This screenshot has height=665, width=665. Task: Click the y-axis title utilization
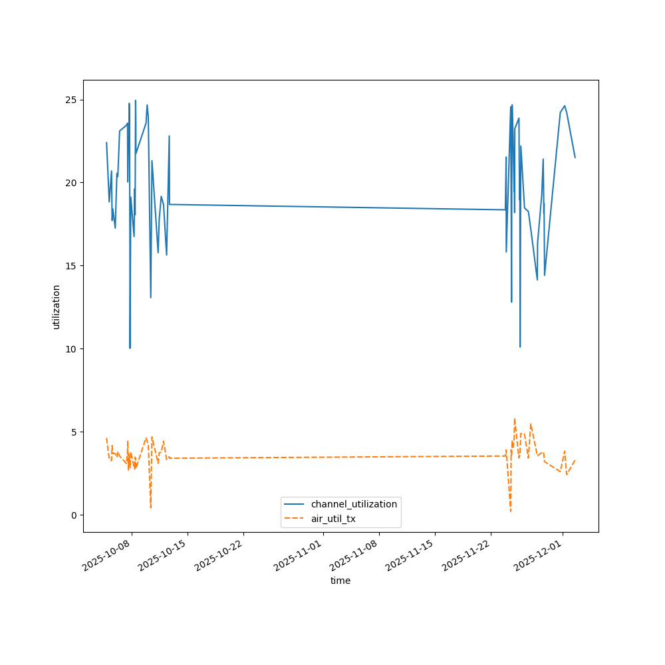coord(56,307)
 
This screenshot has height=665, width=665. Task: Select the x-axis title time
coord(340,581)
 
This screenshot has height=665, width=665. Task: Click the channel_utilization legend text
coord(354,505)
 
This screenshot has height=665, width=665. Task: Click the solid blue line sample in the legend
coord(295,505)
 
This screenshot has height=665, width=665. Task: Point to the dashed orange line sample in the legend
coord(295,518)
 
